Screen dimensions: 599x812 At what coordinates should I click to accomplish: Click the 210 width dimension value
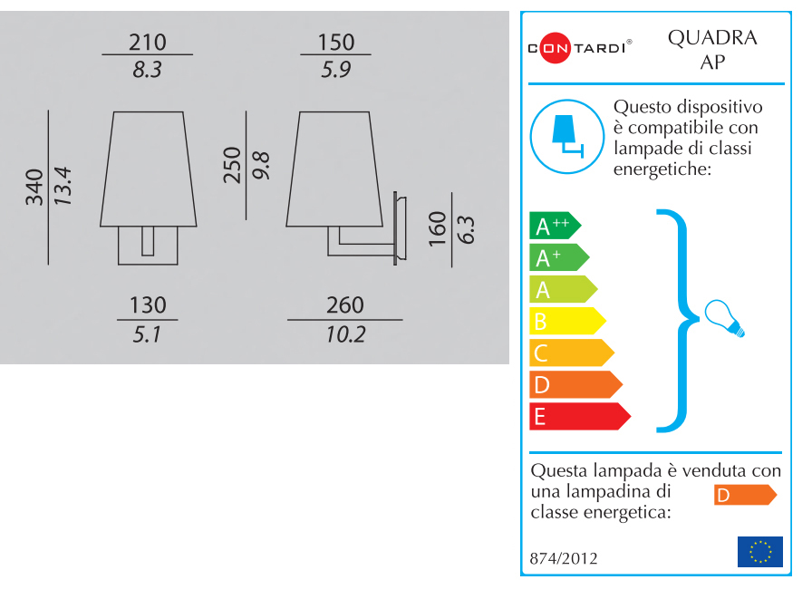tap(148, 42)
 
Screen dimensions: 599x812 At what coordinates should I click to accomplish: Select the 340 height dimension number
tap(35, 188)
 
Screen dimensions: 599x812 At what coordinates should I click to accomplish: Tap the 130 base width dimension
tap(148, 305)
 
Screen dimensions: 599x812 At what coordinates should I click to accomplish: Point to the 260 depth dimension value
tap(344, 305)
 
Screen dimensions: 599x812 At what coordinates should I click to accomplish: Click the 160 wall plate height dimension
tap(438, 229)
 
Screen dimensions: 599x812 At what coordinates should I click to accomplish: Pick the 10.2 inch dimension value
tap(345, 334)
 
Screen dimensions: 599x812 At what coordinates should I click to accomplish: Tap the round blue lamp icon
tap(566, 136)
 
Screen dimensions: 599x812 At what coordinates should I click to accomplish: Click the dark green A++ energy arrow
tap(554, 226)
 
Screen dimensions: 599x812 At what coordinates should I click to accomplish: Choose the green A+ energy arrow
tap(557, 257)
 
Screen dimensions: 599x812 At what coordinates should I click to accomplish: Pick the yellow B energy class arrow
tap(565, 321)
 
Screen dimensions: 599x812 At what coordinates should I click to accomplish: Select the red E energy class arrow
tap(578, 416)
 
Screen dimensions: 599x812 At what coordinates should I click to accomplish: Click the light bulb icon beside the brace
tap(725, 317)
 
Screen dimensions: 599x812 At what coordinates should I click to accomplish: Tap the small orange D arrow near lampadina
tap(744, 495)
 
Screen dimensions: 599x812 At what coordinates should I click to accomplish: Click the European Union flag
tap(759, 551)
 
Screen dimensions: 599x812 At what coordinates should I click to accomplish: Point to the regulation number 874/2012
tap(564, 559)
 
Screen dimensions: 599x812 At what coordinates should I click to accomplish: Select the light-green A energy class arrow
tap(562, 289)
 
